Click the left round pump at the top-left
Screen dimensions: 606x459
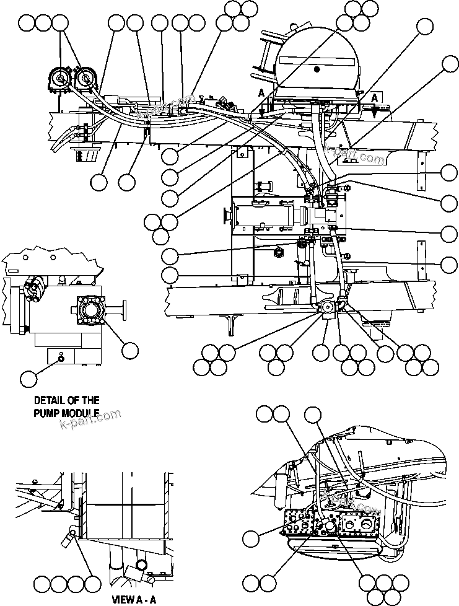(x=59, y=79)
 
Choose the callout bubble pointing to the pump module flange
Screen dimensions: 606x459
(x=129, y=350)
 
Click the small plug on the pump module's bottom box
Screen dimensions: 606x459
(x=61, y=358)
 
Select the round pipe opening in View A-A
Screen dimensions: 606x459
(x=141, y=564)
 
